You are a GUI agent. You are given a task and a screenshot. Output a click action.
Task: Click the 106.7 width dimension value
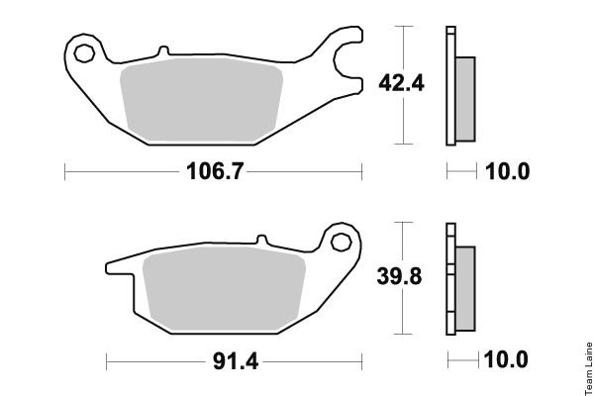click(215, 171)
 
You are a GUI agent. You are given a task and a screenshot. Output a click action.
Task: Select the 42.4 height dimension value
click(402, 83)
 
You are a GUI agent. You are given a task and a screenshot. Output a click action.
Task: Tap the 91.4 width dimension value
click(236, 361)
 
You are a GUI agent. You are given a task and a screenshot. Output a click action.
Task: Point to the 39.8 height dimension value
click(399, 276)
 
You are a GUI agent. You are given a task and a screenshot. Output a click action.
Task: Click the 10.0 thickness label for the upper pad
click(507, 171)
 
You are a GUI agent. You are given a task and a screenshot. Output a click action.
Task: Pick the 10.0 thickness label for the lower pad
click(506, 358)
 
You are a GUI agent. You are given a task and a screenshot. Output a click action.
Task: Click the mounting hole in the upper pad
click(84, 53)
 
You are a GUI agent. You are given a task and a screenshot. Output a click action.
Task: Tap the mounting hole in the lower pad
click(341, 243)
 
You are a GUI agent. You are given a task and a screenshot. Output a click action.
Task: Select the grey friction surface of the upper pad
click(202, 100)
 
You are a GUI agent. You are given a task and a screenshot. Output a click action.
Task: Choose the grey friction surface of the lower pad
click(225, 289)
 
